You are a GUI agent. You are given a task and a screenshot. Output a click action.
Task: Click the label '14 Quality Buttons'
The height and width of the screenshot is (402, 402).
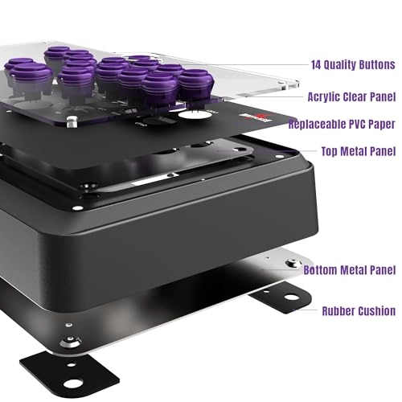[353, 65]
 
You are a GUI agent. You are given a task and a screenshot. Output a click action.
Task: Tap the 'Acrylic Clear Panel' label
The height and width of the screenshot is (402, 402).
[351, 97]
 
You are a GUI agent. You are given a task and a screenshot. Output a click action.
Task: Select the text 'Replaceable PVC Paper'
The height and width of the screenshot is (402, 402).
[342, 124]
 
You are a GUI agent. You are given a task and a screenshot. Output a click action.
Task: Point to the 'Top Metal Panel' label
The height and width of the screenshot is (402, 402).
[359, 151]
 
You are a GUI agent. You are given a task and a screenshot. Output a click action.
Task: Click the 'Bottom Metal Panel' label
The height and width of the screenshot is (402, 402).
[350, 270]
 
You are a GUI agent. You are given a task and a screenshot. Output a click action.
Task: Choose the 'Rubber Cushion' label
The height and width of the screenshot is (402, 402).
[359, 311]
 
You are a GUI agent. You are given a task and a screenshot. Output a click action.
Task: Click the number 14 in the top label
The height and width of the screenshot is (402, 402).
[316, 65]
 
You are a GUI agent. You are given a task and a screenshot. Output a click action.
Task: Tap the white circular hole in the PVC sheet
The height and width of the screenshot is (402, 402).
[195, 115]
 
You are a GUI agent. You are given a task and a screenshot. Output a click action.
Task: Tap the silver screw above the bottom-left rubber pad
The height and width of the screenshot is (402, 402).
[70, 342]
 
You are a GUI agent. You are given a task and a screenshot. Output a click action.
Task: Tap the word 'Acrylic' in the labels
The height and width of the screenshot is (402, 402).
[324, 97]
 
